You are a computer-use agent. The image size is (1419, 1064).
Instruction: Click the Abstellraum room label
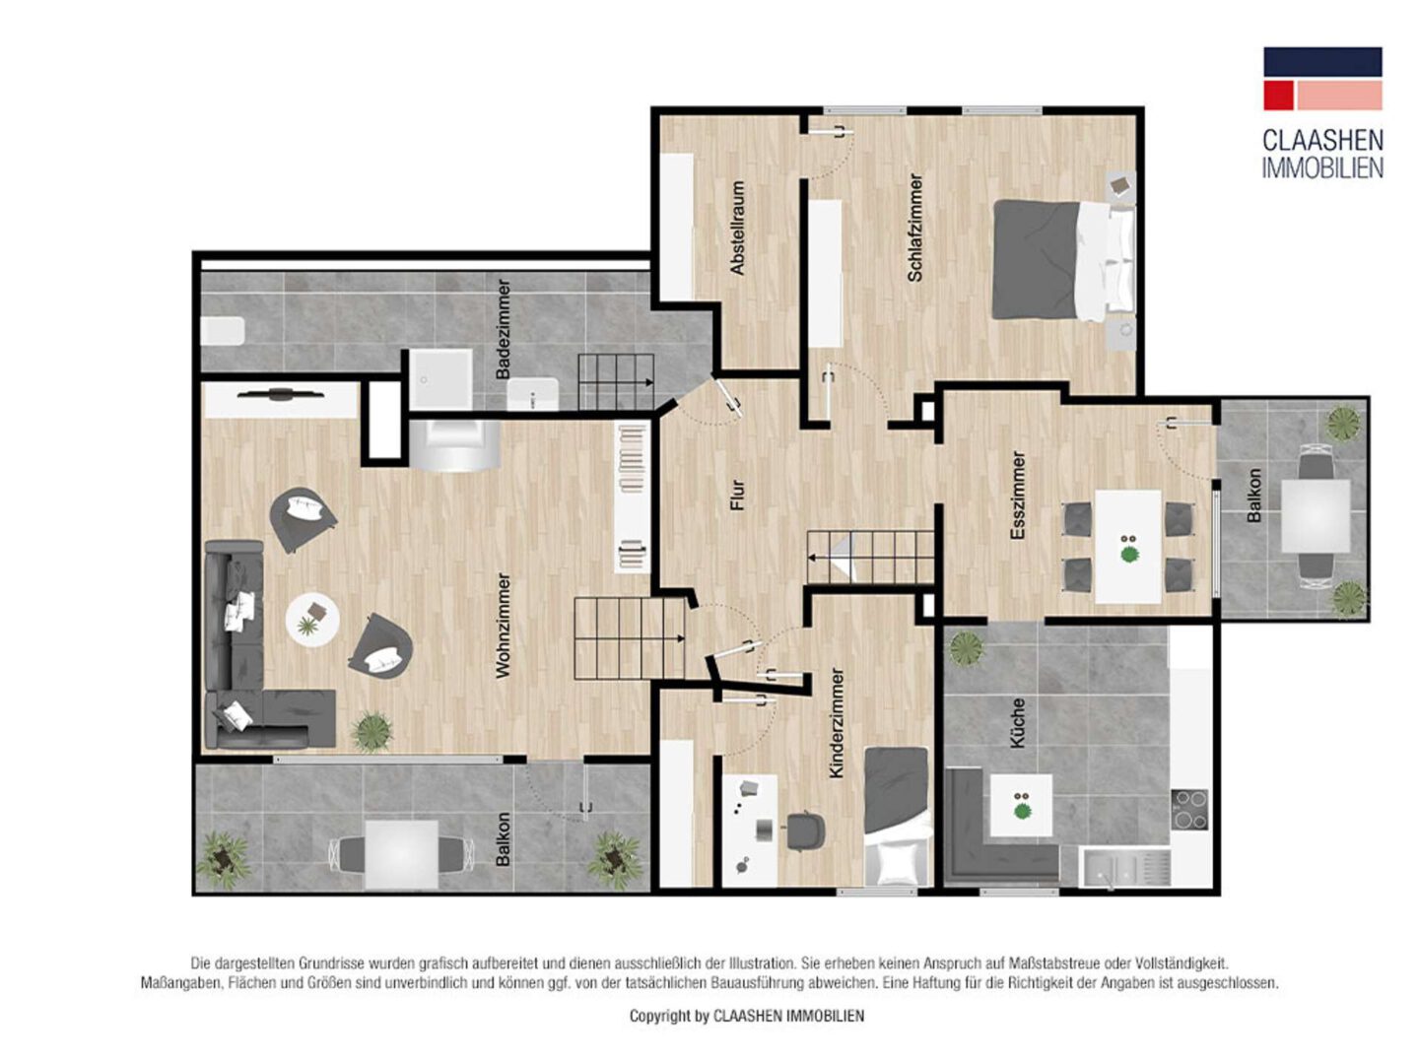click(737, 228)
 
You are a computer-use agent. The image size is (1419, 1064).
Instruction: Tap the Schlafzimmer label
click(914, 228)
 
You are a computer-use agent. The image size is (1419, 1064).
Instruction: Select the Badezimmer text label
click(503, 329)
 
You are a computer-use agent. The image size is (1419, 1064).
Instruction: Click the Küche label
click(1017, 723)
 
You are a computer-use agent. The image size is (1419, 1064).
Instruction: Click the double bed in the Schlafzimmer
click(1063, 260)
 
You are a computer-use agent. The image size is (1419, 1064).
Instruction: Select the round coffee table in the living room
click(312, 619)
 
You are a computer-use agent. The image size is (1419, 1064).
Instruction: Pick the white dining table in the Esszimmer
click(1127, 547)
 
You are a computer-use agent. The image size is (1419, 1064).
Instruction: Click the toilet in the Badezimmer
click(222, 331)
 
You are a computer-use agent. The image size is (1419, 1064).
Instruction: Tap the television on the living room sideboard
click(281, 393)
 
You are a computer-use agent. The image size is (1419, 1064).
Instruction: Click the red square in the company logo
click(1278, 95)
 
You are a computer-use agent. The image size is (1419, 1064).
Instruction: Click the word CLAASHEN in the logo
click(1322, 140)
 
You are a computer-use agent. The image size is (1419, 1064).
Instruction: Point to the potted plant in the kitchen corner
click(965, 646)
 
